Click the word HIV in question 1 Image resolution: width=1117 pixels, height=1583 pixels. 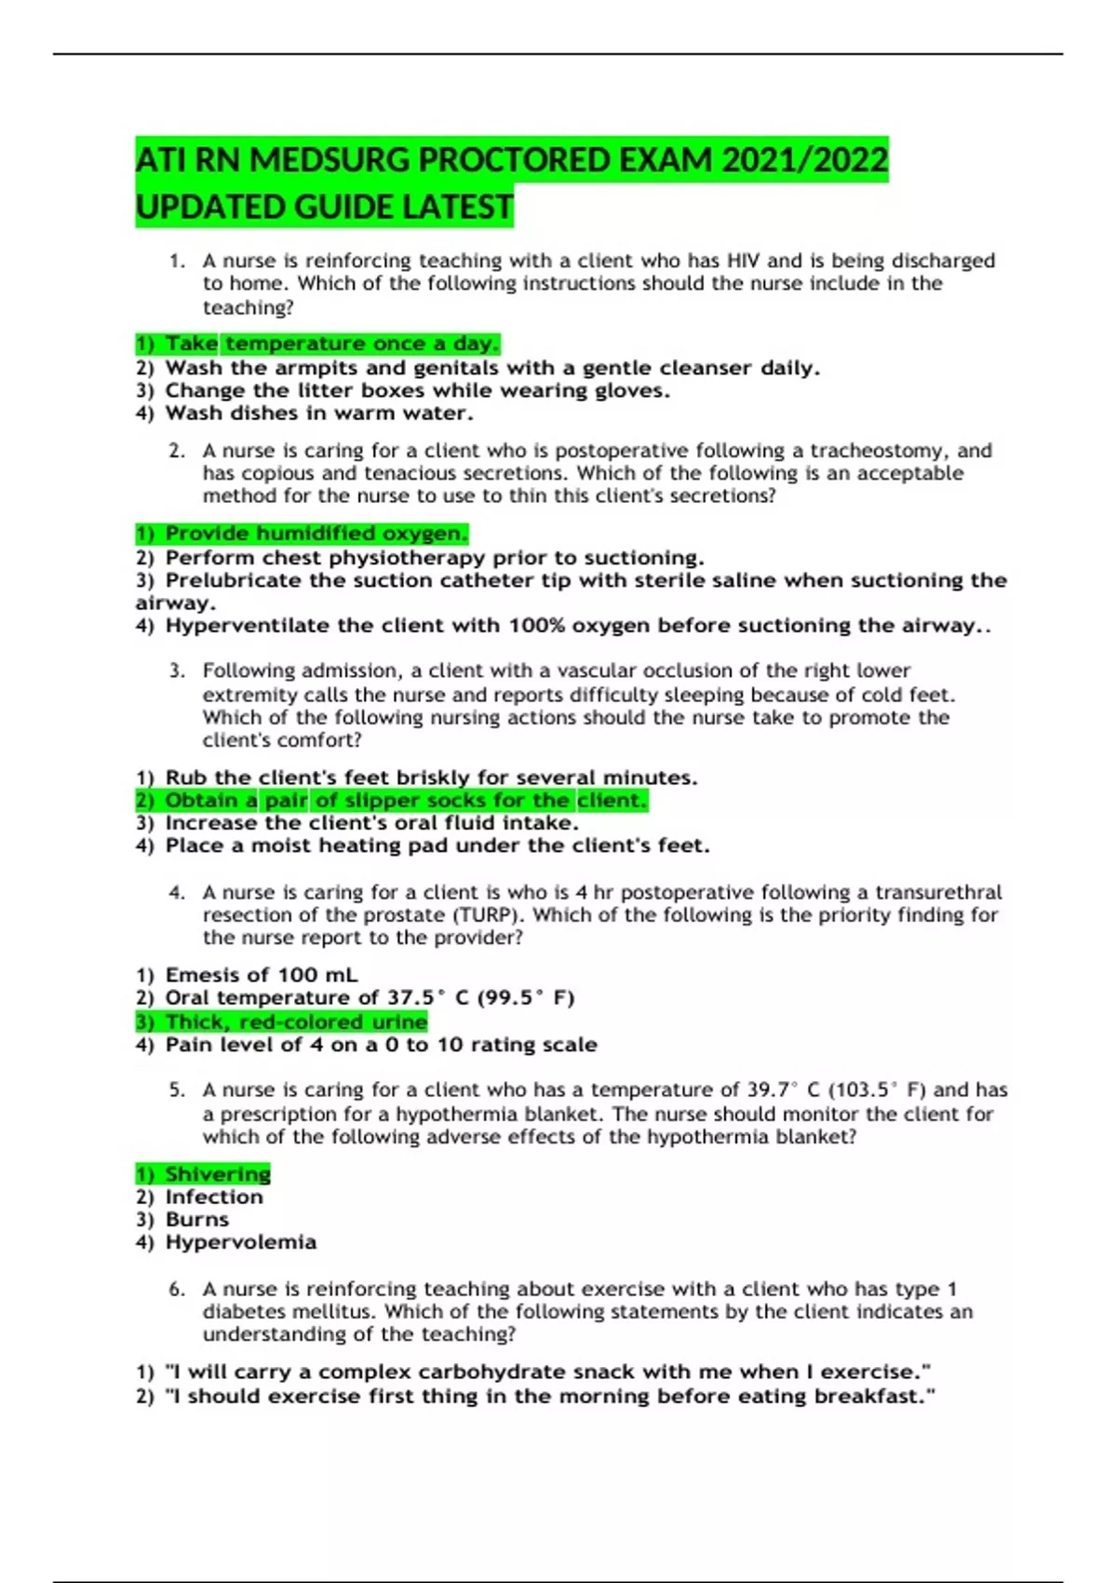click(x=743, y=261)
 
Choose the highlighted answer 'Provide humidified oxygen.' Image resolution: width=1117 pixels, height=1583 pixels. click(x=302, y=534)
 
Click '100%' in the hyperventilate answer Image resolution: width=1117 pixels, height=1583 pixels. click(x=536, y=626)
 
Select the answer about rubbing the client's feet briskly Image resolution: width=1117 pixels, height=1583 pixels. click(x=417, y=778)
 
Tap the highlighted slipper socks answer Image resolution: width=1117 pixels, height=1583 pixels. click(x=391, y=801)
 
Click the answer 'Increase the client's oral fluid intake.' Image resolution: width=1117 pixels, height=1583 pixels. click(x=357, y=823)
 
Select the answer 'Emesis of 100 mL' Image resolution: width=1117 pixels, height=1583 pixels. click(x=248, y=975)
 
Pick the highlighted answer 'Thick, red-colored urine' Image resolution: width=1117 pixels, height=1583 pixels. click(x=281, y=1022)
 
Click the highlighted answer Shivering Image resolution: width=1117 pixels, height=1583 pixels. click(x=204, y=1174)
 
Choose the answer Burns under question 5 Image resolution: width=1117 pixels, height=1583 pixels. click(x=183, y=1220)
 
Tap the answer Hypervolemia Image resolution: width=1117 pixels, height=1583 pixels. click(x=226, y=1242)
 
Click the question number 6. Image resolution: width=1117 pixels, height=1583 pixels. click(x=177, y=1290)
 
